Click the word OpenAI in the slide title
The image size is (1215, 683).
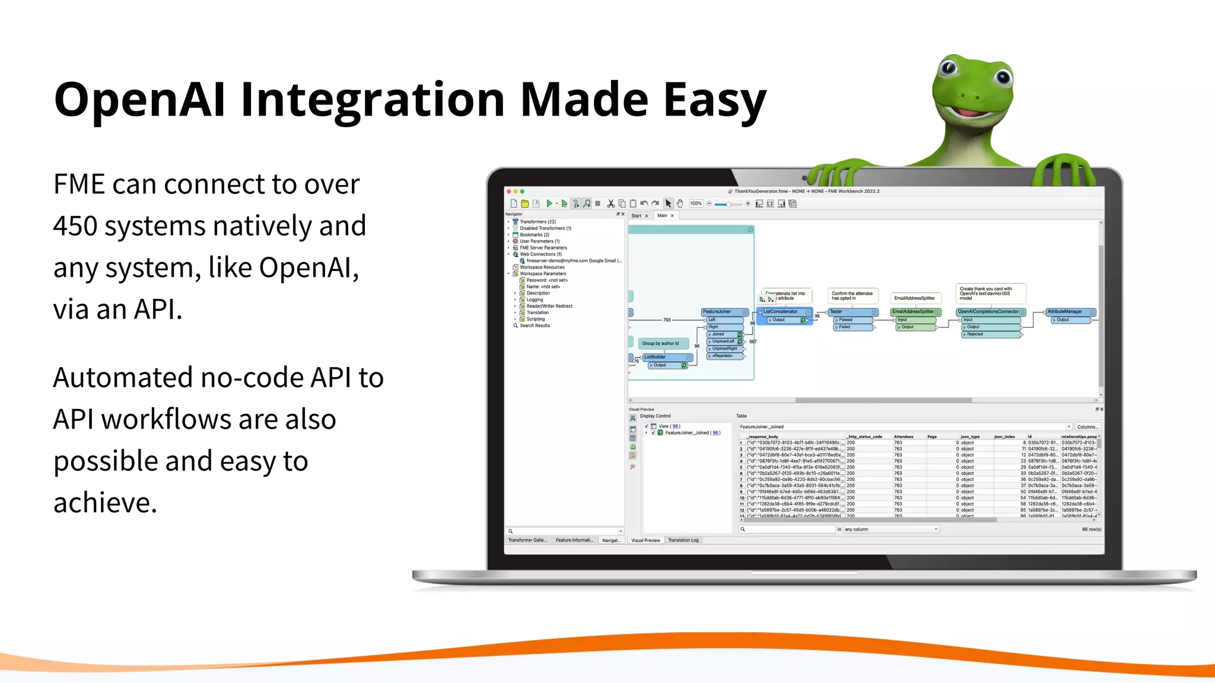[140, 100]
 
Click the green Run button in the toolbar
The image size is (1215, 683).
[549, 203]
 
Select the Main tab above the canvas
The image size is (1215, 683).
[662, 216]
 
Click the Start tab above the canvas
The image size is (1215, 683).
[636, 216]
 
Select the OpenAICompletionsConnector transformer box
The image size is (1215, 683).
[988, 312]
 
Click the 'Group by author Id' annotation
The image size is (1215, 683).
[660, 343]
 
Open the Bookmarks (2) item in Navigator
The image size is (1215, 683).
[534, 235]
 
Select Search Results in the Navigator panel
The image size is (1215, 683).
[535, 325]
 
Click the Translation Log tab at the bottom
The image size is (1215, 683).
[683, 540]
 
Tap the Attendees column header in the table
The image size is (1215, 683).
[903, 436]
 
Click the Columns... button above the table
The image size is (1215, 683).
[1087, 427]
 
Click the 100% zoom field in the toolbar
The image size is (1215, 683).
[696, 203]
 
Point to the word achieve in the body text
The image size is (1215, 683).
[104, 503]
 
